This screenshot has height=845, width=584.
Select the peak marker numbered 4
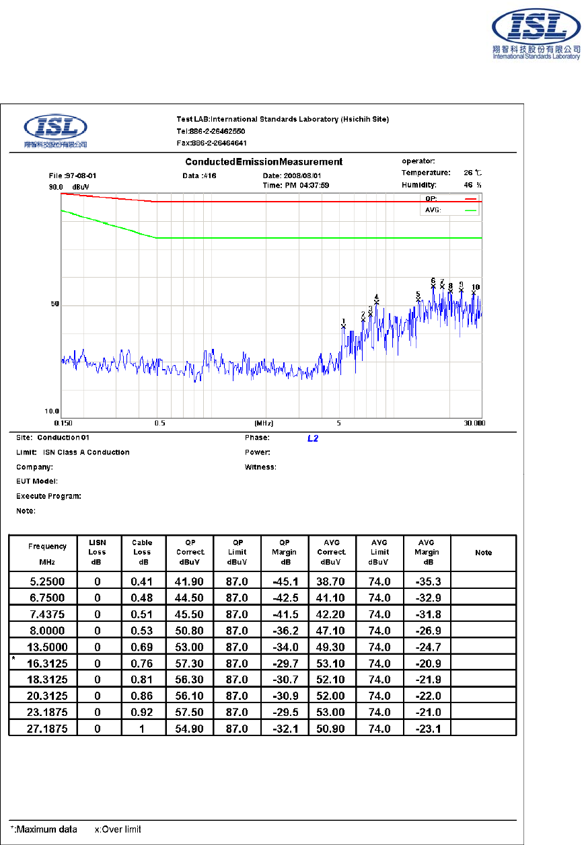[x=377, y=302]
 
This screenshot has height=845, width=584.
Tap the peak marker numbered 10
[x=474, y=292]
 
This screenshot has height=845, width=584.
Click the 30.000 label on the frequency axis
[x=474, y=424]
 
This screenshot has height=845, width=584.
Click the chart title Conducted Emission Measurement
[x=264, y=162]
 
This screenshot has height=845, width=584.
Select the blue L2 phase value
[x=312, y=438]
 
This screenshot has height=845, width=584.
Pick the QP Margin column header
[x=285, y=552]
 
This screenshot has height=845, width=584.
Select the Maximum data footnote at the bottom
[x=43, y=830]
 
